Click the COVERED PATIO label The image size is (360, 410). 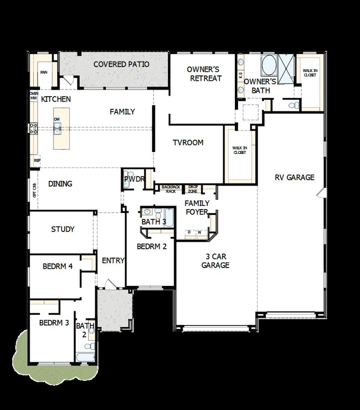(121, 64)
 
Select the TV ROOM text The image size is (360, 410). (188, 143)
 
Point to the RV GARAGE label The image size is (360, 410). (295, 177)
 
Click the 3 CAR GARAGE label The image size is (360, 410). (215, 261)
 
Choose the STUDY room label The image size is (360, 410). (63, 229)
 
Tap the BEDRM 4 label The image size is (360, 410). (58, 266)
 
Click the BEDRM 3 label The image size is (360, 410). (54, 322)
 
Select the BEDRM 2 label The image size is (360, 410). (152, 246)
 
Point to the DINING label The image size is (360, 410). (60, 183)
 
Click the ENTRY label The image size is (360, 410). (113, 260)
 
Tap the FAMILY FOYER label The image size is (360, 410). (197, 207)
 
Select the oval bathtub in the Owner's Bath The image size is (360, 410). (269, 66)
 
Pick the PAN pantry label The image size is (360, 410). (44, 72)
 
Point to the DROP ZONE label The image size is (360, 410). (193, 188)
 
